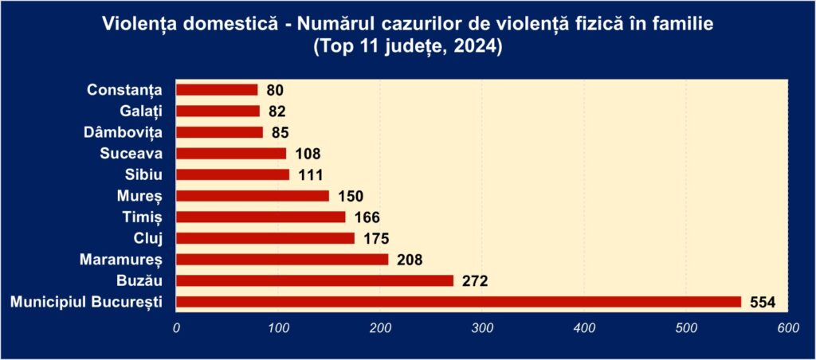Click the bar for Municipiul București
point(458,302)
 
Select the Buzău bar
point(315,280)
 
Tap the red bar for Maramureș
point(282,259)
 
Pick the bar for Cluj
point(265,238)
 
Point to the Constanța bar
point(217,89)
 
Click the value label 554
point(763,302)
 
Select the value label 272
point(475,280)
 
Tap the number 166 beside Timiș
point(367,217)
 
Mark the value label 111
point(311,174)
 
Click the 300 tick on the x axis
point(482,328)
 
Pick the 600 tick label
point(788,328)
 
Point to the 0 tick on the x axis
point(176,328)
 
